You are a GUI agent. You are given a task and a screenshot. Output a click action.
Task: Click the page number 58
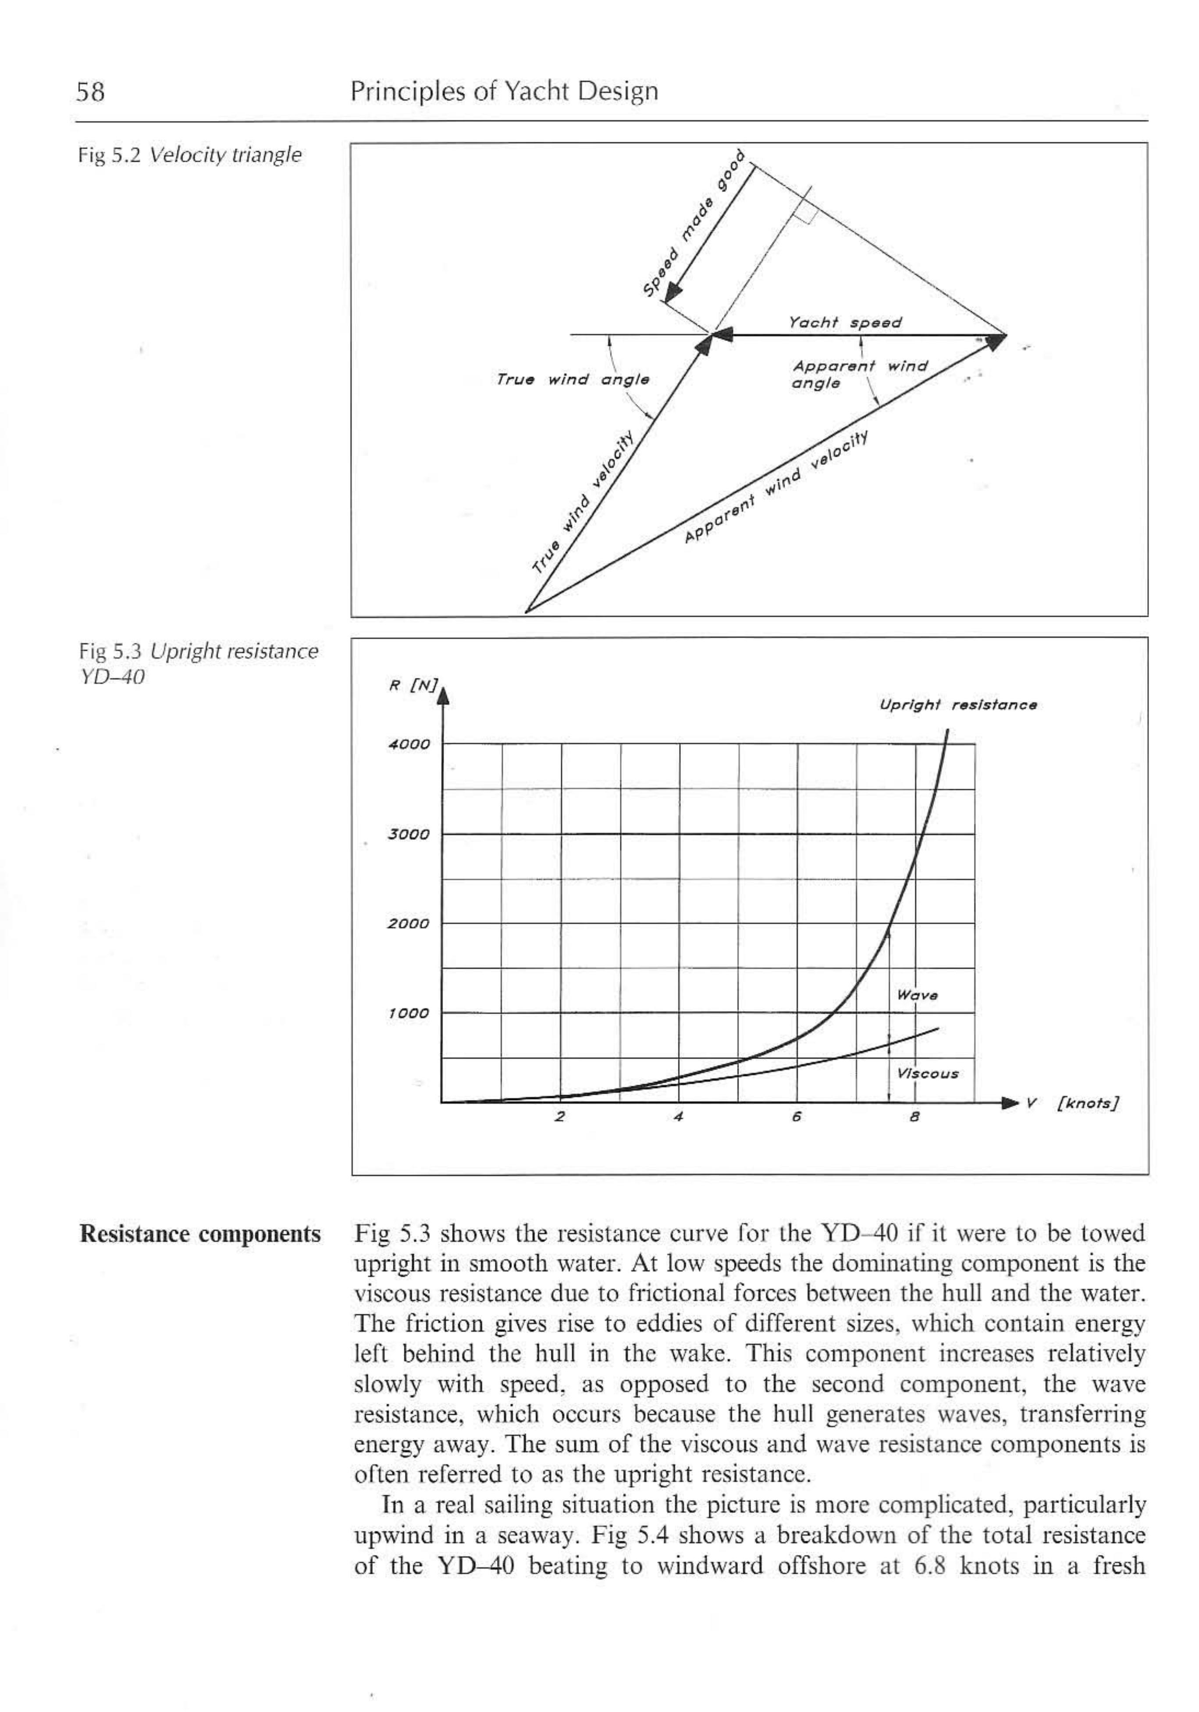pyautogui.click(x=90, y=92)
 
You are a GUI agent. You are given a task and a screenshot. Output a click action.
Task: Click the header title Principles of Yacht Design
pyautogui.click(x=504, y=91)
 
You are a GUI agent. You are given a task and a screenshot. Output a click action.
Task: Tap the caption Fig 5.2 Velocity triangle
pyautogui.click(x=190, y=155)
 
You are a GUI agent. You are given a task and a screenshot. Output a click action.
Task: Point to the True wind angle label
pyautogui.click(x=573, y=380)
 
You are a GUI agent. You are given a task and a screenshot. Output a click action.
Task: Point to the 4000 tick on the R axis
pyautogui.click(x=409, y=744)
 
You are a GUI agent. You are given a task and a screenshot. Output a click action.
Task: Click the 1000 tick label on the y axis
pyautogui.click(x=409, y=1013)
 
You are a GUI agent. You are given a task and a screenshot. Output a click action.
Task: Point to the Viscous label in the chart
pyautogui.click(x=927, y=1074)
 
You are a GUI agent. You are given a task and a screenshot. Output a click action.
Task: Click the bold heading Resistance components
pyautogui.click(x=200, y=1234)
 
